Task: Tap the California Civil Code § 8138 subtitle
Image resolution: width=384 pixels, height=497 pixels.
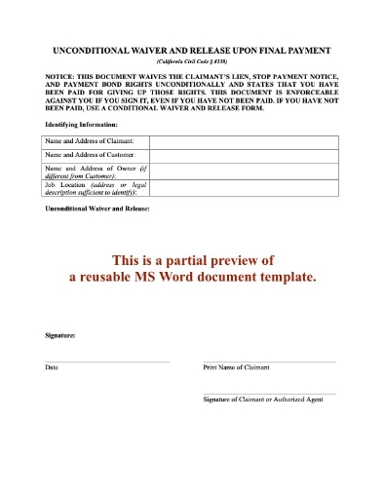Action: (x=191, y=60)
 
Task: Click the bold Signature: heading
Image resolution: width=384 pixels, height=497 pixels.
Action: (x=61, y=335)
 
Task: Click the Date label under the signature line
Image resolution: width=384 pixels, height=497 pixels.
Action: (x=52, y=367)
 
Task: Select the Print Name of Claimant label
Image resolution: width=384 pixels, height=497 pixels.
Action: (x=236, y=367)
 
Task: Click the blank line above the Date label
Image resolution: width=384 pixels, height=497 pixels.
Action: (x=107, y=362)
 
